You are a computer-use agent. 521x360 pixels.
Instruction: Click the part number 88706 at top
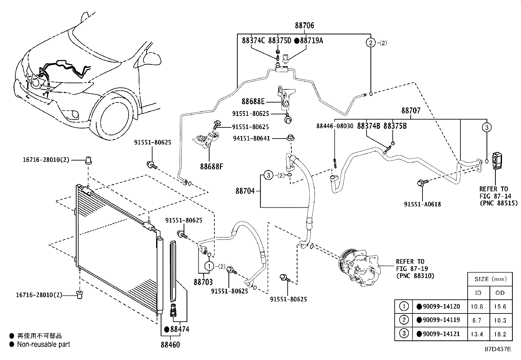(304, 26)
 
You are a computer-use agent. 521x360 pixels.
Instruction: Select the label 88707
(411, 111)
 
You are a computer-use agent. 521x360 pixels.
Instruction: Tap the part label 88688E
(253, 102)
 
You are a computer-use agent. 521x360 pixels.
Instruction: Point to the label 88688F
(211, 166)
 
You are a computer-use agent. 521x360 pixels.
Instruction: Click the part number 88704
(245, 191)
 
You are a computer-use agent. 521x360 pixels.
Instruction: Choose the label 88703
(203, 282)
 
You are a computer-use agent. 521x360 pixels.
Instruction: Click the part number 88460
(170, 345)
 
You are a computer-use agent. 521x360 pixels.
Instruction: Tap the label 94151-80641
(251, 139)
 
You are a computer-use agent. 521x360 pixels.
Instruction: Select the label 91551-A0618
(422, 204)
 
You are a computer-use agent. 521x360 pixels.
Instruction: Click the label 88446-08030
(335, 126)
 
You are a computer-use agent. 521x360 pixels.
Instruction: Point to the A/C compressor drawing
(358, 267)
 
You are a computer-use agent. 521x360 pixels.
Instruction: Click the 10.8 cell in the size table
(478, 307)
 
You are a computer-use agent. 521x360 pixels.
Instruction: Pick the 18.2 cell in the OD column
(500, 334)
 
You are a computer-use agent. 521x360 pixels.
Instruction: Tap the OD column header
(500, 293)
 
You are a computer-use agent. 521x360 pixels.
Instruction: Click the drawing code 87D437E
(498, 349)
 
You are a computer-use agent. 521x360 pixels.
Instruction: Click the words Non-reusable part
(44, 344)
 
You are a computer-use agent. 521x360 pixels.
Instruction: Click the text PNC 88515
(499, 203)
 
